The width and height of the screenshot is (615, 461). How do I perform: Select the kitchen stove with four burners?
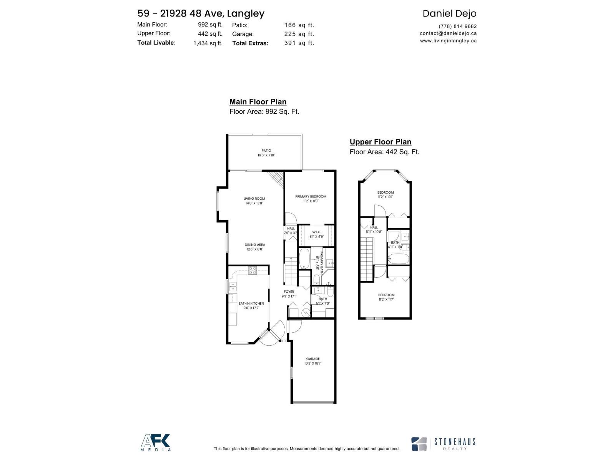(253, 270)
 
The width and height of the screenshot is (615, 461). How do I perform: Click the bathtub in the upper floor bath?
(398, 259)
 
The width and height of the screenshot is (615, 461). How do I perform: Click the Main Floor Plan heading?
(258, 102)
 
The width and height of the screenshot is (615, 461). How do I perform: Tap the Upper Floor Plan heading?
(381, 142)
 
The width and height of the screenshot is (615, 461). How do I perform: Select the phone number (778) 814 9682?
(457, 26)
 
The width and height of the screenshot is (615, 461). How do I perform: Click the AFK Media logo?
(156, 442)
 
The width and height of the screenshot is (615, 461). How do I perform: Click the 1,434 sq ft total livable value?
(208, 43)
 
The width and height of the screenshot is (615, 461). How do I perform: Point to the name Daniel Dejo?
(449, 13)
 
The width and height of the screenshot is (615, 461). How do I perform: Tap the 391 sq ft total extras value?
(299, 43)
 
